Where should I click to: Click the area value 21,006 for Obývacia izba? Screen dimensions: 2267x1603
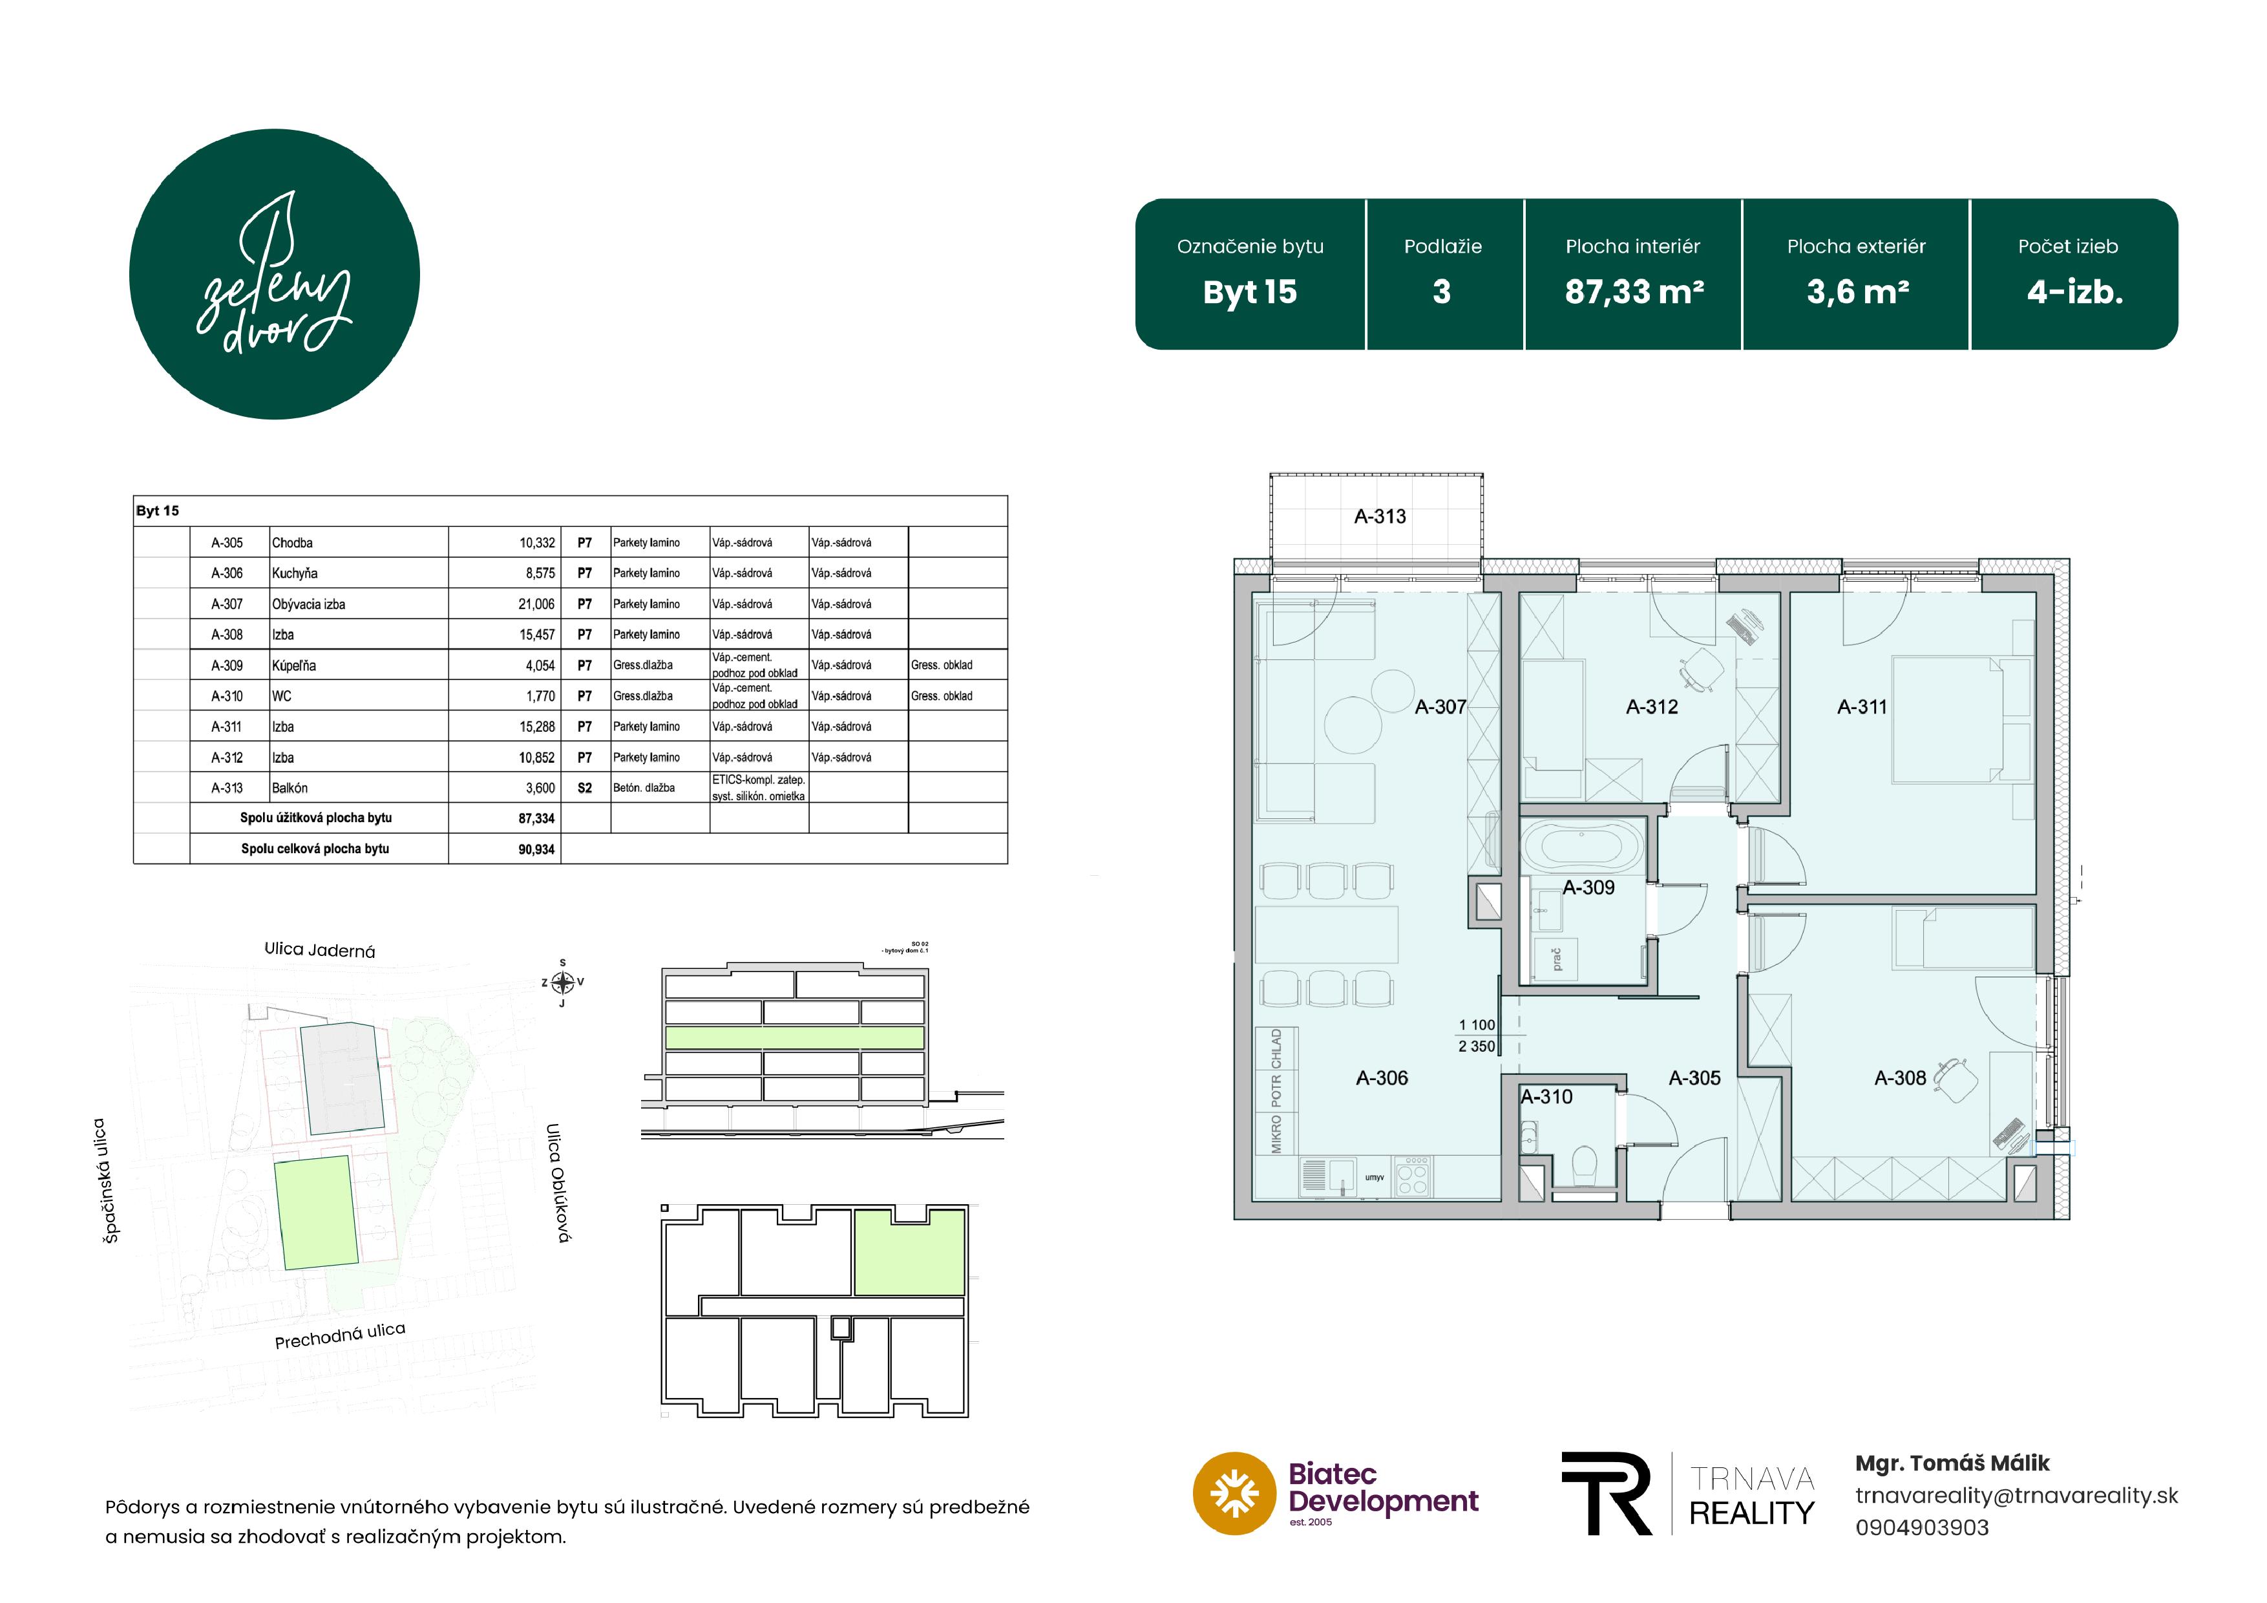point(536,604)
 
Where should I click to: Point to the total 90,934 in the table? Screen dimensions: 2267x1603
point(536,849)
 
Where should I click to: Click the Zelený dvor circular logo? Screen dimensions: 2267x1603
point(275,275)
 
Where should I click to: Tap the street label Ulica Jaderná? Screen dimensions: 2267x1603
point(320,950)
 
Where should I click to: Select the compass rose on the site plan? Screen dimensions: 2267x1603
point(563,982)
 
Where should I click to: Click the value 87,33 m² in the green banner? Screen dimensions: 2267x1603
point(1634,292)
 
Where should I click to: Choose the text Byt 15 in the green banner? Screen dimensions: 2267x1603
point(1250,292)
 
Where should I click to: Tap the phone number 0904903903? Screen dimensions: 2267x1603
point(1921,1528)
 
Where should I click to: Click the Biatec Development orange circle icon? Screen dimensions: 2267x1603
point(1234,1493)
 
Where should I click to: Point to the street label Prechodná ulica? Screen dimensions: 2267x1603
point(340,1335)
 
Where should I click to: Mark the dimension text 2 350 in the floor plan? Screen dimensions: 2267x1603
point(1477,1046)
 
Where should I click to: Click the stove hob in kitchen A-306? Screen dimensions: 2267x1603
point(1412,1176)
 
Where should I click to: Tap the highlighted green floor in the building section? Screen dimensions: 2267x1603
point(795,1037)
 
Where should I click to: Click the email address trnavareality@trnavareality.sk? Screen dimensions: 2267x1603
point(2016,1495)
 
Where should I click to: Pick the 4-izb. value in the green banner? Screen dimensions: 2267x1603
point(2074,292)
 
